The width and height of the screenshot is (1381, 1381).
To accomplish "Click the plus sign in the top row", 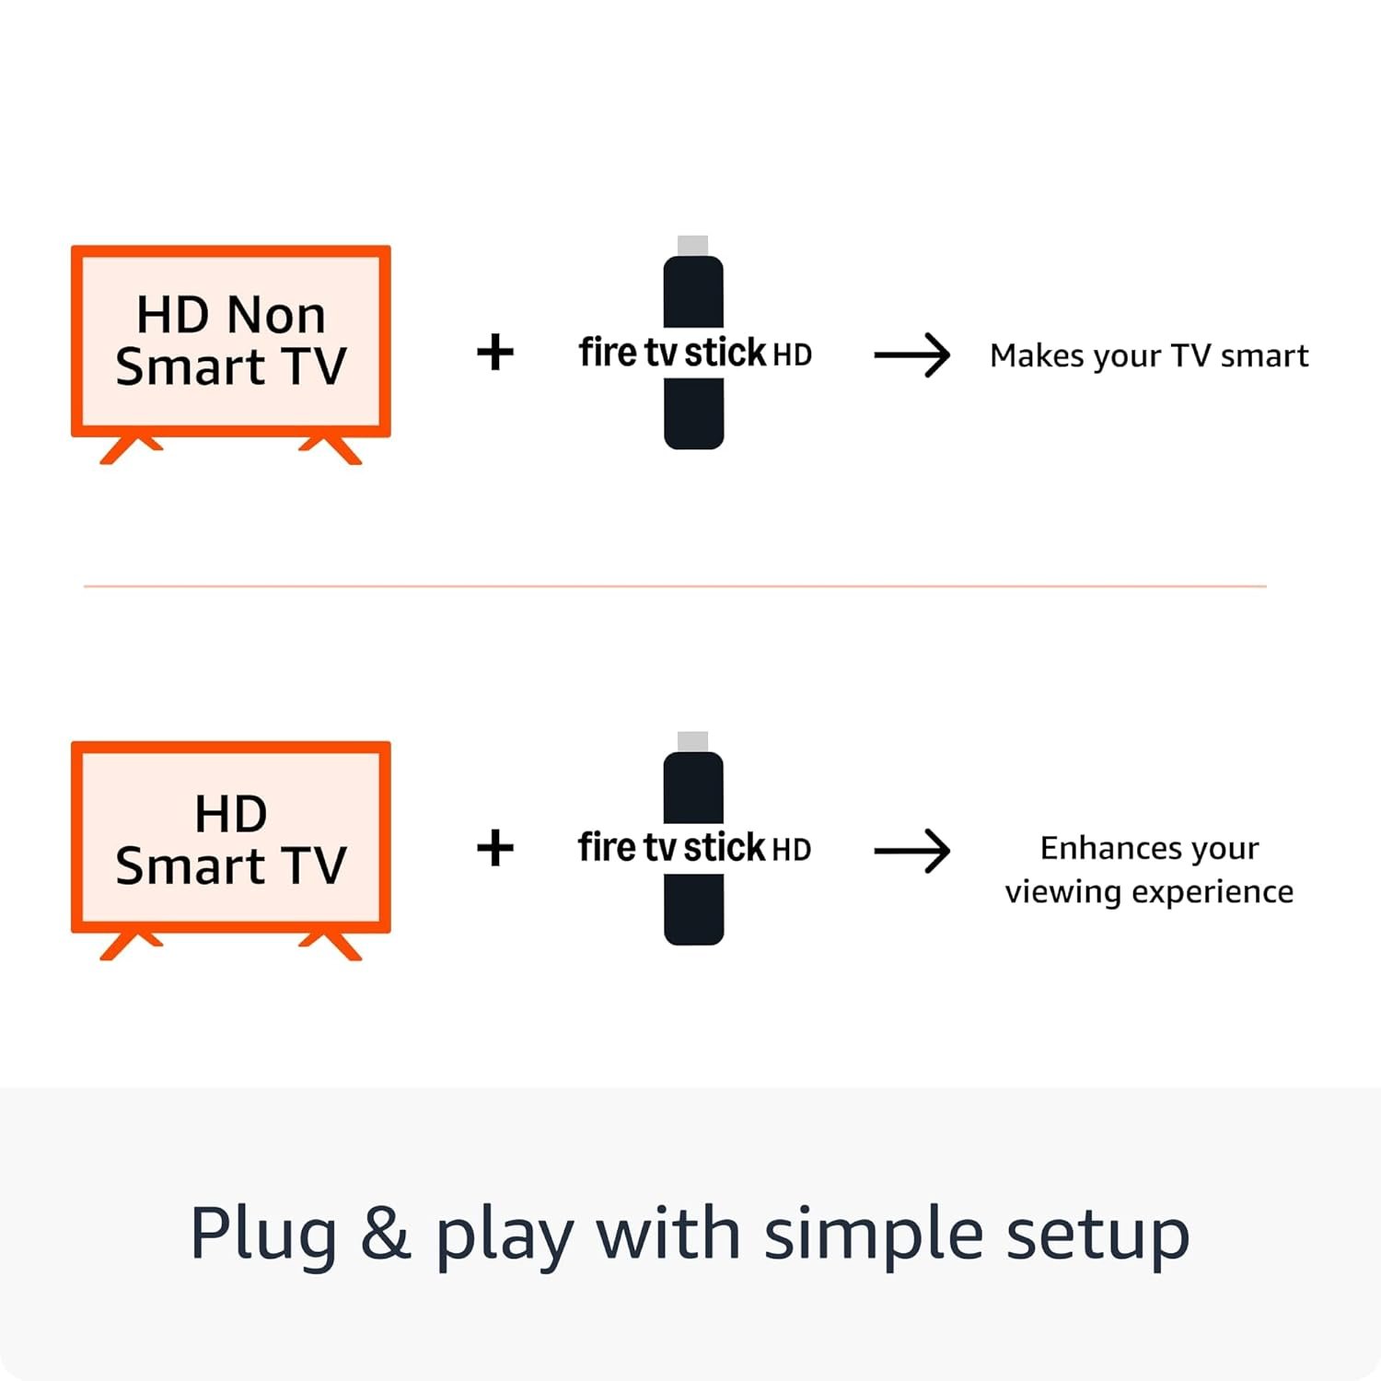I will [495, 353].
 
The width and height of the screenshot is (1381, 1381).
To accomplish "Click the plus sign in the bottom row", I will [495, 848].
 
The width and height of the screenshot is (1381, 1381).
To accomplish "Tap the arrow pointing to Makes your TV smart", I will [912, 355].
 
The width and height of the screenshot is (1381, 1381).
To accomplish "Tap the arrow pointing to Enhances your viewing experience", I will [912, 851].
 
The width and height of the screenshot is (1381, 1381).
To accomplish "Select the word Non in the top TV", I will [275, 316].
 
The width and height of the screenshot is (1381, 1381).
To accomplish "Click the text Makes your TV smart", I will [1148, 355].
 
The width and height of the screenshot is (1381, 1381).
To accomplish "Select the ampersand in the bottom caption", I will [385, 1234].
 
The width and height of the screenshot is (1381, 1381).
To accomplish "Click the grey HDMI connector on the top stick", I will [692, 245].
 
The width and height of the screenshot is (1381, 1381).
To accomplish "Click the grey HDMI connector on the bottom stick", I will [692, 741].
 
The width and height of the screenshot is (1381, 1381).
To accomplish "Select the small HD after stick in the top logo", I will [792, 355].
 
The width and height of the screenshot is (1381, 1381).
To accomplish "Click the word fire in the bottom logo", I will [607, 848].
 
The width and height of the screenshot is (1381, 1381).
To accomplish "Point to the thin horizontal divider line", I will [675, 586].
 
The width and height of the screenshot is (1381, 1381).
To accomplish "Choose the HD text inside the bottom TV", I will [230, 814].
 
